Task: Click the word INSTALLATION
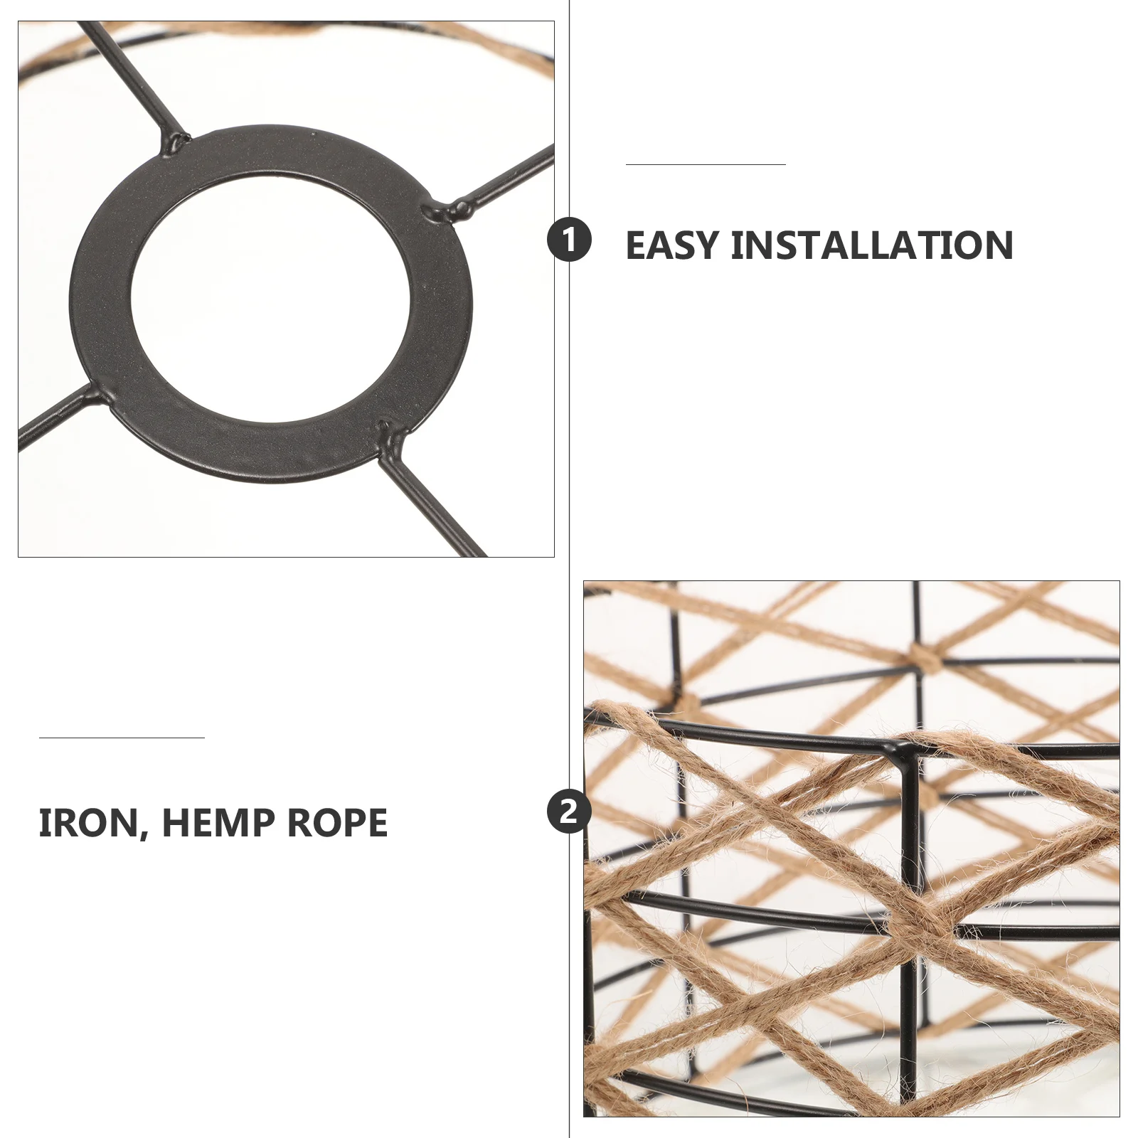pyautogui.click(x=872, y=245)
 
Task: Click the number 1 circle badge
pyautogui.click(x=569, y=240)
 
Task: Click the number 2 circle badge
pyautogui.click(x=569, y=811)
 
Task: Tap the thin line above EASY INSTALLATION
pyautogui.click(x=706, y=164)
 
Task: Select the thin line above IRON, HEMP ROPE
pyautogui.click(x=122, y=738)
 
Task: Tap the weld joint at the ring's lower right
pyautogui.click(x=385, y=431)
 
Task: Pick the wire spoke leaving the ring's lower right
pyautogui.click(x=434, y=505)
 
